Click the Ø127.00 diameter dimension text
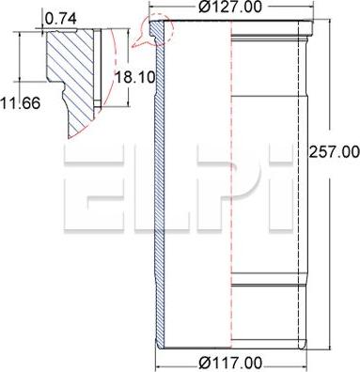coord(230,8)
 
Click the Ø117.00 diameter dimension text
coord(229,363)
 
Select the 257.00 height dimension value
coord(335,150)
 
